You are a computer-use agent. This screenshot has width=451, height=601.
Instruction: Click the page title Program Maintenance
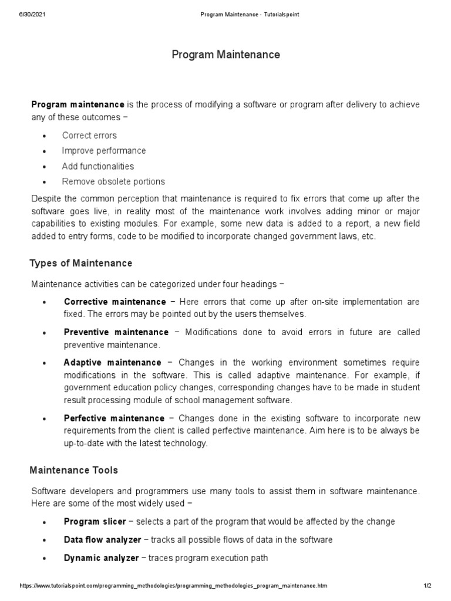(x=225, y=55)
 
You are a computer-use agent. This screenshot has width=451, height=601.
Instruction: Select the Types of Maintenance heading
(x=81, y=263)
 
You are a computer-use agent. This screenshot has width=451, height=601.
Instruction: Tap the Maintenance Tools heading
(x=74, y=470)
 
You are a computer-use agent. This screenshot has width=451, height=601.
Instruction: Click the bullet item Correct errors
(x=89, y=136)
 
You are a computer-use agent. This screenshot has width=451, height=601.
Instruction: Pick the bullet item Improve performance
(x=104, y=151)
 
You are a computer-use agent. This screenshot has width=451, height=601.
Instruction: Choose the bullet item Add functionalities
(x=98, y=166)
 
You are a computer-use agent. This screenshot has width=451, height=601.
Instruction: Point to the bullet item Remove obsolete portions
(x=113, y=181)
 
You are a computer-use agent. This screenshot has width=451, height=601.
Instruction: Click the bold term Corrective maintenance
(x=115, y=302)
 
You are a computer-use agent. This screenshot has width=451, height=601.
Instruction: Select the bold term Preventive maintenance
(x=116, y=332)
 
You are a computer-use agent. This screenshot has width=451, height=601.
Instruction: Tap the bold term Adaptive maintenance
(x=112, y=363)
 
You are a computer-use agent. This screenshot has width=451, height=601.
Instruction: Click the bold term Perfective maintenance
(x=114, y=418)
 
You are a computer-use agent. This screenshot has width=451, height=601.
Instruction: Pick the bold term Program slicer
(x=95, y=522)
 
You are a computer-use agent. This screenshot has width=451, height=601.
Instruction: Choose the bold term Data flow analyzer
(x=102, y=540)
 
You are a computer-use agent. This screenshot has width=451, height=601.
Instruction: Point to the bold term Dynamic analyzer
(x=101, y=558)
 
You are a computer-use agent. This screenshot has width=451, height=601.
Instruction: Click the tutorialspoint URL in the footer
(x=173, y=586)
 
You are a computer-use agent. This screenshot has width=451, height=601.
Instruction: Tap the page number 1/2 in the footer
(x=427, y=586)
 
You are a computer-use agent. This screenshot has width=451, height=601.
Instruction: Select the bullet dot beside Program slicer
(x=45, y=522)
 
